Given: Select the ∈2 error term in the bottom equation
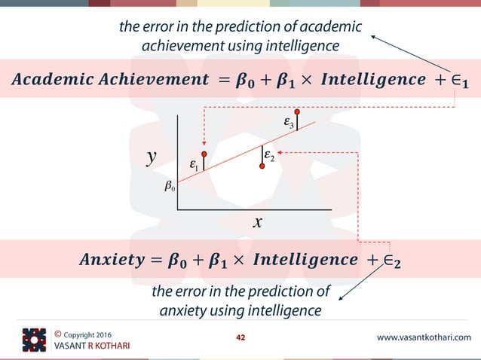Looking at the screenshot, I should [x=390, y=261].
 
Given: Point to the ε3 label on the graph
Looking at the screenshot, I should [x=289, y=123].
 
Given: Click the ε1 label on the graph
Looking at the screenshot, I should [x=195, y=164].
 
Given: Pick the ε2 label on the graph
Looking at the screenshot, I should [x=269, y=155].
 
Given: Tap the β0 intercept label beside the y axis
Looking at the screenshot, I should [x=170, y=186].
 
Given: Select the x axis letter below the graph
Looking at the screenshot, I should [x=258, y=221].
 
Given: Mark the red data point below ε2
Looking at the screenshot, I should [x=262, y=166].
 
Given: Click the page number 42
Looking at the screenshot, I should [x=240, y=337].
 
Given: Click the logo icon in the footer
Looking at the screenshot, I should [x=34, y=339].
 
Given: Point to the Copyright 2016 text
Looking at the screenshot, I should [x=81, y=333].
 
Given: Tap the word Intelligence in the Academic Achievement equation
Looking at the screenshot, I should [x=362, y=79].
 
